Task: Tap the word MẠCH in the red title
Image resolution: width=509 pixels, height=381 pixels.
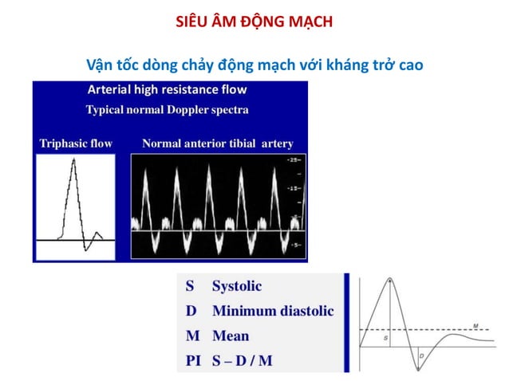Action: tap(308, 22)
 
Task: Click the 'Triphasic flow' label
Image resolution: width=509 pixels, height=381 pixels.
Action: tap(76, 144)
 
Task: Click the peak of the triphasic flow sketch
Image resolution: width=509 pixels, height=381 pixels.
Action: tap(73, 159)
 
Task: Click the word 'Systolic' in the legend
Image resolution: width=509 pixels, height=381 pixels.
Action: tap(237, 286)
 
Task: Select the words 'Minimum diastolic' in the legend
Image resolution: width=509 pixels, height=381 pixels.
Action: tap(273, 311)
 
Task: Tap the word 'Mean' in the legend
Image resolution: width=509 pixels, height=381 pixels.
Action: tap(231, 336)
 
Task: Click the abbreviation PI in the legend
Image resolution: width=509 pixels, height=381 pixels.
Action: tap(192, 360)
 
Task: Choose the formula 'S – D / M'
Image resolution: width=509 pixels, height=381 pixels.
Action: tap(242, 360)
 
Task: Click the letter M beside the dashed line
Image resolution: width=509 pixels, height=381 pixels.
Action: tap(475, 325)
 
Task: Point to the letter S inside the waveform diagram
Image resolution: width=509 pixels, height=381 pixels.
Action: tap(386, 339)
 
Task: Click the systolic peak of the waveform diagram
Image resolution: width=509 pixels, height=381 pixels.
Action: tap(389, 279)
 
